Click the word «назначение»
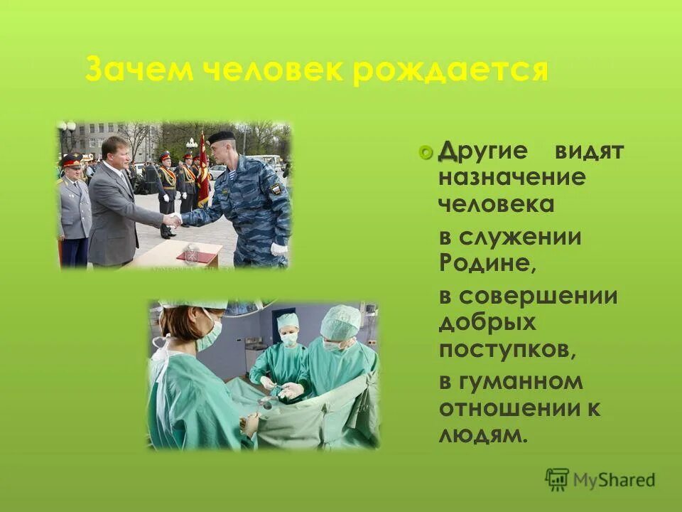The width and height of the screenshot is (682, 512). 511,177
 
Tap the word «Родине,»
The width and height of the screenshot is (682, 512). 485,262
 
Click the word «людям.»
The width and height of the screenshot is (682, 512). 483,434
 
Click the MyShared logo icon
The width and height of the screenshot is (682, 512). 557,480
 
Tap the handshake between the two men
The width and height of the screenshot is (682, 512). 173,220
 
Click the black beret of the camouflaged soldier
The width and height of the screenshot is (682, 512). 222,136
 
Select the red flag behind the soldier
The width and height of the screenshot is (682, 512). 203,171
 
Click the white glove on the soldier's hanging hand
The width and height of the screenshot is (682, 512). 278,249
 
